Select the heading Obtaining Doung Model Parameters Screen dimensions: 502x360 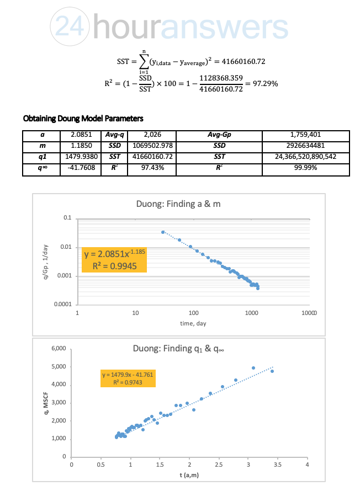(83, 119)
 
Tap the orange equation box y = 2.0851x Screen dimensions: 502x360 (114, 260)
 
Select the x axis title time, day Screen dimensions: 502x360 (193, 323)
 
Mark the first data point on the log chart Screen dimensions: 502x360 (163, 232)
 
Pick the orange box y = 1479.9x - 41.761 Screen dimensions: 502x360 (127, 378)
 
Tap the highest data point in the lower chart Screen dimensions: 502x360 (253, 368)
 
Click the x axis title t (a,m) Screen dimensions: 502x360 (189, 475)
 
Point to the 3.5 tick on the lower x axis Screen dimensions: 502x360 (278, 465)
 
